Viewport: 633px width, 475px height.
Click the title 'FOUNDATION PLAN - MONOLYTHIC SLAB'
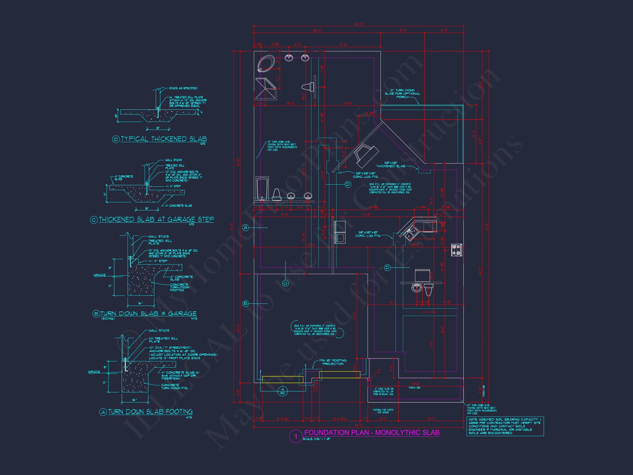pyautogui.click(x=372, y=432)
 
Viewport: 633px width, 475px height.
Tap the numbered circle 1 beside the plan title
pyautogui.click(x=296, y=437)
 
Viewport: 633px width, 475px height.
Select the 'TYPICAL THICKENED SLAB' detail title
pyautogui.click(x=164, y=139)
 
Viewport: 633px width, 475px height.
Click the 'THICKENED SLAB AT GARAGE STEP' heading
pyautogui.click(x=156, y=220)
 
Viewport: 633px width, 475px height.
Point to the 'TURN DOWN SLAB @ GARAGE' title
pyautogui.click(x=148, y=314)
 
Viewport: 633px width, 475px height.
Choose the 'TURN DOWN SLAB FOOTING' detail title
pyautogui.click(x=150, y=412)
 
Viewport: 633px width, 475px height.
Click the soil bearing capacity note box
pyautogui.click(x=505, y=426)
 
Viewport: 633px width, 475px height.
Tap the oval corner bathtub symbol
pyautogui.click(x=266, y=63)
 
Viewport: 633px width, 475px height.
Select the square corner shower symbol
pyautogui.click(x=266, y=89)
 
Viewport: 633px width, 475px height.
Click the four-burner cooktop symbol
pyautogui.click(x=456, y=250)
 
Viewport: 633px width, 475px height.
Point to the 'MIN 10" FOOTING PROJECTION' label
pyautogui.click(x=333, y=362)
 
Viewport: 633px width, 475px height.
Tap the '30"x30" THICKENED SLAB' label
pyautogui.click(x=391, y=164)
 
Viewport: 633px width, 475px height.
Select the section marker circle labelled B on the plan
pyautogui.click(x=246, y=303)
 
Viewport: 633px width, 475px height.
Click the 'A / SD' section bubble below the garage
pyautogui.click(x=282, y=391)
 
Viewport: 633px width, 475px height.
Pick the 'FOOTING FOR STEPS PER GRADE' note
pyautogui.click(x=383, y=411)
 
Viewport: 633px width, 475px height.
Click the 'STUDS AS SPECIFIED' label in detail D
pyautogui.click(x=183, y=88)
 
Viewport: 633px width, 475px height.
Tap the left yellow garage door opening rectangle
pyautogui.click(x=282, y=380)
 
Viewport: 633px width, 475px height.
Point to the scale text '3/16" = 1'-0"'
pyautogui.click(x=317, y=439)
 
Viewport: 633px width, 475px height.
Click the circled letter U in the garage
pyautogui.click(x=285, y=283)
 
